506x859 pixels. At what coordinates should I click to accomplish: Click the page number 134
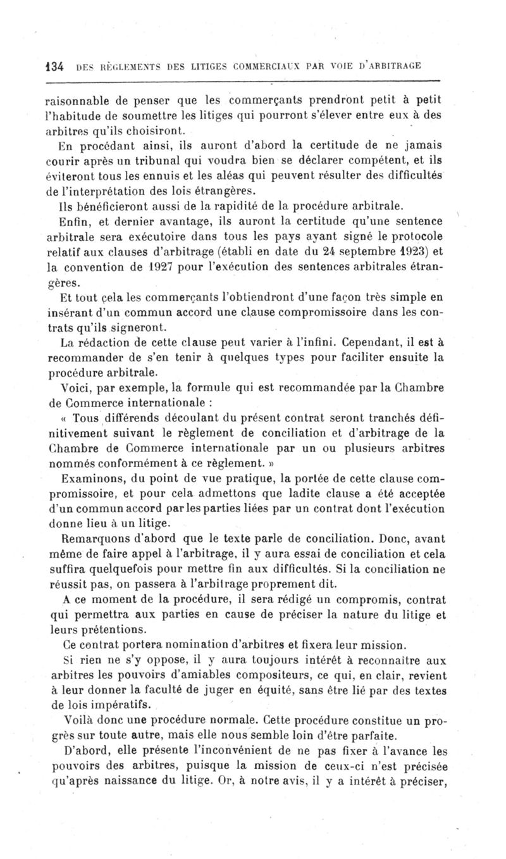pyautogui.click(x=53, y=66)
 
